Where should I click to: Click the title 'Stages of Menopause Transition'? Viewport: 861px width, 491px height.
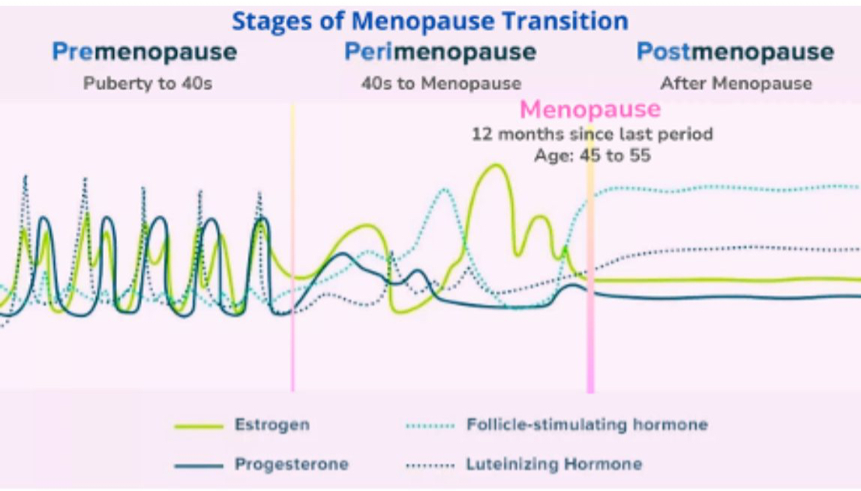[x=430, y=21]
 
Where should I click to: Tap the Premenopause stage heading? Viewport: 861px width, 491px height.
[x=144, y=53]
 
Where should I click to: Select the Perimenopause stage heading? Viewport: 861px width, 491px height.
[x=440, y=53]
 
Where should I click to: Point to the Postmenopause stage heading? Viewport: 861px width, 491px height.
[x=735, y=53]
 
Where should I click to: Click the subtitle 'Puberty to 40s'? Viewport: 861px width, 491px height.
[x=148, y=83]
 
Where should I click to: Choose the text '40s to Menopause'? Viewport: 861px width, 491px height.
[x=441, y=83]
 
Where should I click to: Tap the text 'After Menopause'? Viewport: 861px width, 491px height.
[x=736, y=83]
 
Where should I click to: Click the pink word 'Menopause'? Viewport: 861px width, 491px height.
[x=590, y=110]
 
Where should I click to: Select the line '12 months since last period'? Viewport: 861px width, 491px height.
[x=592, y=134]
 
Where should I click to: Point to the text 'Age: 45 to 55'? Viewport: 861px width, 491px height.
[x=592, y=156]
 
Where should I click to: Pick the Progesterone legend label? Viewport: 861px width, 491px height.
[x=292, y=464]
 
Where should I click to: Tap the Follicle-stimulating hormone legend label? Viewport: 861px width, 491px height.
[x=587, y=425]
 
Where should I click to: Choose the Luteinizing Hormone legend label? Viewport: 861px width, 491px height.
[x=554, y=464]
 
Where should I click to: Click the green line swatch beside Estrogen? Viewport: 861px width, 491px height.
[x=199, y=426]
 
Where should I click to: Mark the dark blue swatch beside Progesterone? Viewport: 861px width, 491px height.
[x=199, y=465]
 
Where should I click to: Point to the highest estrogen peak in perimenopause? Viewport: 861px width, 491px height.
[x=494, y=165]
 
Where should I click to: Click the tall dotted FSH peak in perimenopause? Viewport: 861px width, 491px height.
[x=445, y=189]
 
